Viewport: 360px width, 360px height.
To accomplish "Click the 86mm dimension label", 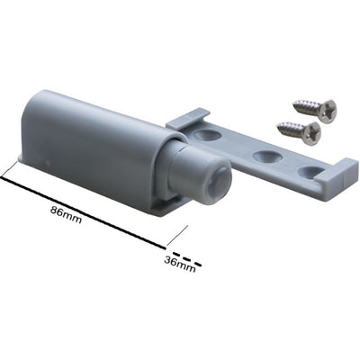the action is point(66,214).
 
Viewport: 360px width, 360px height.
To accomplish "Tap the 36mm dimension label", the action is point(180,265).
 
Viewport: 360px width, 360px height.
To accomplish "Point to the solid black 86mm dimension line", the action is point(83,212).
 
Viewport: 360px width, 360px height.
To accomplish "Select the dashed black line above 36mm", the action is point(184,257).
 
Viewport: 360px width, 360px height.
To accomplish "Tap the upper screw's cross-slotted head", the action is point(328,111).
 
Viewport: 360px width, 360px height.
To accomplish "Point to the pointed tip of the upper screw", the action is point(293,104).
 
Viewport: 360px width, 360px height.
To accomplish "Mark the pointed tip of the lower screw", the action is point(278,126).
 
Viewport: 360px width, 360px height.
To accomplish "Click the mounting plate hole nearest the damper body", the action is point(206,135).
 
